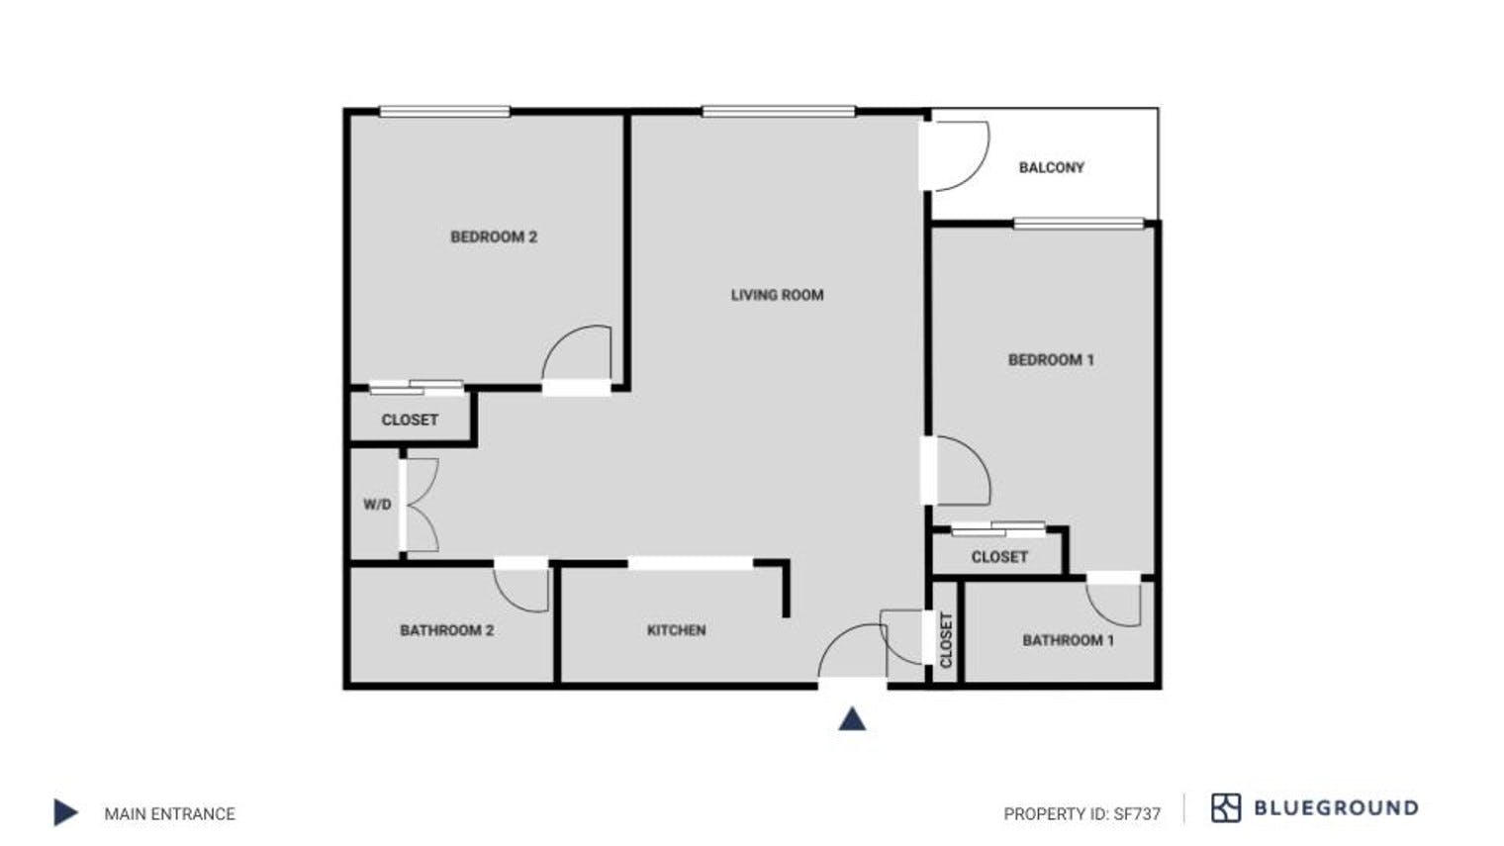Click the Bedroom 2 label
point(493,236)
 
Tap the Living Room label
point(777,295)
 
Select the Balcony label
point(1051,167)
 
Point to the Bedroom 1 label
point(1051,360)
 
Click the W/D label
point(377,505)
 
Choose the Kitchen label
point(676,630)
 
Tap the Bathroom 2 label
point(446,630)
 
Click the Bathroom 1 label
point(1068,640)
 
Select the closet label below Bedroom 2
point(410,420)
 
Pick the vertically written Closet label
point(945,639)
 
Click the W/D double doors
point(421,505)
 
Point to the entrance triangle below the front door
point(852,719)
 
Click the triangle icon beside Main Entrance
point(65,812)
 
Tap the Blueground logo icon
point(1225,808)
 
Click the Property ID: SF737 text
point(1081,814)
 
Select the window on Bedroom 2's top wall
point(444,112)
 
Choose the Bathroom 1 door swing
point(1115,603)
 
